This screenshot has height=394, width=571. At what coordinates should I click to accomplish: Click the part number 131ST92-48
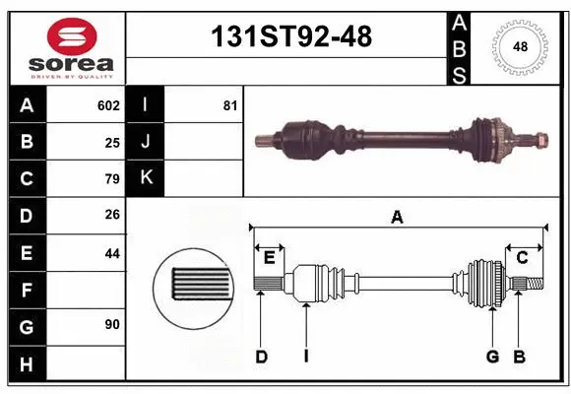coord(292,36)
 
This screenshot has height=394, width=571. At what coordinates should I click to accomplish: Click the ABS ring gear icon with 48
coord(519,45)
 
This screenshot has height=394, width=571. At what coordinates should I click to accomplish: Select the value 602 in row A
coord(108,105)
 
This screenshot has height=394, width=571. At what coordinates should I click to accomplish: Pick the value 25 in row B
coord(112,142)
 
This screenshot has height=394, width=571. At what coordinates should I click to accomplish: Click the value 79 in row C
coord(112,178)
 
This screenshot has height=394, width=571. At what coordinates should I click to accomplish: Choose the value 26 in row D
coord(112,215)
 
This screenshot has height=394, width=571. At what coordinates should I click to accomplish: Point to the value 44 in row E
coord(112,252)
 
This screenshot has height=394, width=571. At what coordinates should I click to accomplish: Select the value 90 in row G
coord(112,325)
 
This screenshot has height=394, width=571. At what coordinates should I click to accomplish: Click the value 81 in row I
coord(229,105)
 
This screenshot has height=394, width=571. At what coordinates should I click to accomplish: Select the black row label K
coord(146,178)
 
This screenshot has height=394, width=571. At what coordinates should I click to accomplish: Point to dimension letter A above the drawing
coord(397,218)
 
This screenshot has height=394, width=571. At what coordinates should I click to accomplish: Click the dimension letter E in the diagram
coord(269,258)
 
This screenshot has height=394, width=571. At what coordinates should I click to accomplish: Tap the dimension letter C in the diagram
coord(523,258)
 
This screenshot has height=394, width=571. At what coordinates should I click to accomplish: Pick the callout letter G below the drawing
coord(492,357)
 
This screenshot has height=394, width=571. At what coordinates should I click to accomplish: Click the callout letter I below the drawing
coord(306,357)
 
